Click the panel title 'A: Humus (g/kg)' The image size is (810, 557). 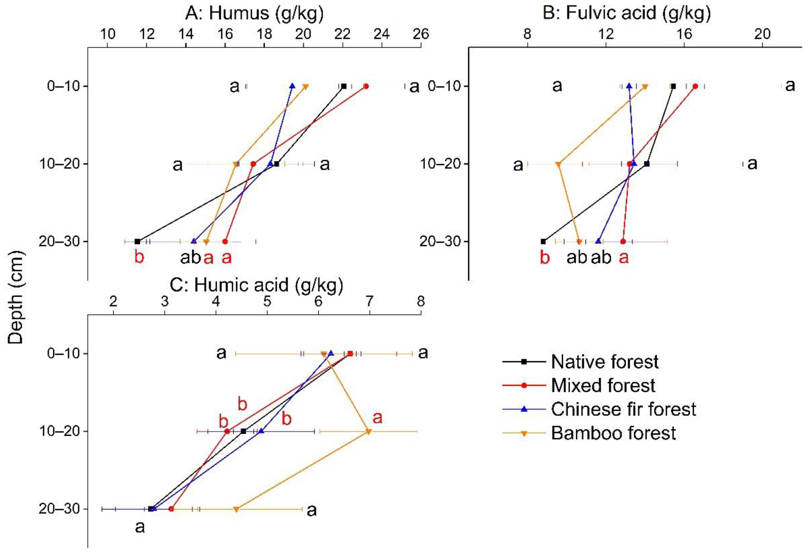[254, 13]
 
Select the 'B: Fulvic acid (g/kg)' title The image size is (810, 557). [627, 13]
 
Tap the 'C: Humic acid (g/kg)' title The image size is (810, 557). [256, 285]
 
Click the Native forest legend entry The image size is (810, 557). [604, 362]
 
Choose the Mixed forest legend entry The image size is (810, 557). [603, 386]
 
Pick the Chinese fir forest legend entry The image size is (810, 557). [623, 409]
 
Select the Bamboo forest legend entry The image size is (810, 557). [613, 433]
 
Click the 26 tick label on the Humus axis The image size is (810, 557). [421, 34]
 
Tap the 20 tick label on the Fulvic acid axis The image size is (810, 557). [762, 34]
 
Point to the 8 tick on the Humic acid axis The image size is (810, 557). [421, 302]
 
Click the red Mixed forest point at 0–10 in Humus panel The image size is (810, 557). [366, 86]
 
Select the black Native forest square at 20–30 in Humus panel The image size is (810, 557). [137, 242]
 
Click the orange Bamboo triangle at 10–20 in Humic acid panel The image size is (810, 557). [368, 432]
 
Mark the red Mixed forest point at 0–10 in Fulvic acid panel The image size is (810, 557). [695, 86]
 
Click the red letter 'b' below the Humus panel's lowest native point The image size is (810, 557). [139, 258]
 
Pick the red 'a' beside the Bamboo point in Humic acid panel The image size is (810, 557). [377, 417]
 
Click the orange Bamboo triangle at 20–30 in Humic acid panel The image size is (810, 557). [236, 510]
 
